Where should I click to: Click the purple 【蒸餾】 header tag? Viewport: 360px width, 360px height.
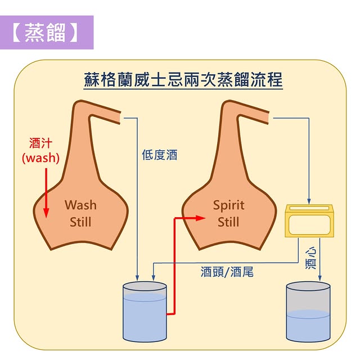(x=47, y=33)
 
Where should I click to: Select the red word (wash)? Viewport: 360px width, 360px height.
(x=40, y=157)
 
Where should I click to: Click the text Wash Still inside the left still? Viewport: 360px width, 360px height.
(x=80, y=213)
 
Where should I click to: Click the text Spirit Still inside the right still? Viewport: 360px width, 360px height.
(x=228, y=213)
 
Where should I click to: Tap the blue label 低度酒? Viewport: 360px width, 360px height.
(x=159, y=155)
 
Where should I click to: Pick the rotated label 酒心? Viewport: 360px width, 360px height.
(x=310, y=258)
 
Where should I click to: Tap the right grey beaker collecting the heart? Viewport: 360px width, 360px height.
(x=308, y=312)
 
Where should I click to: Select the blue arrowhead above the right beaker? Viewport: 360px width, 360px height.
(x=320, y=278)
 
